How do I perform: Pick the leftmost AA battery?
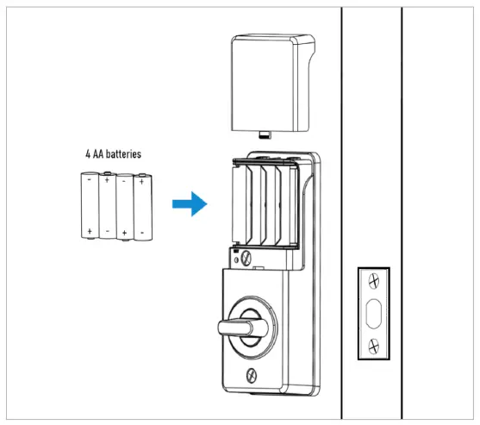click(89, 205)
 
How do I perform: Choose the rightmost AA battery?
click(140, 205)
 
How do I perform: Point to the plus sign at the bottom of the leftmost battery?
click(89, 231)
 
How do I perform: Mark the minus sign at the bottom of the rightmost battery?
click(140, 232)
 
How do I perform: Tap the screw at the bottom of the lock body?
click(251, 374)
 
